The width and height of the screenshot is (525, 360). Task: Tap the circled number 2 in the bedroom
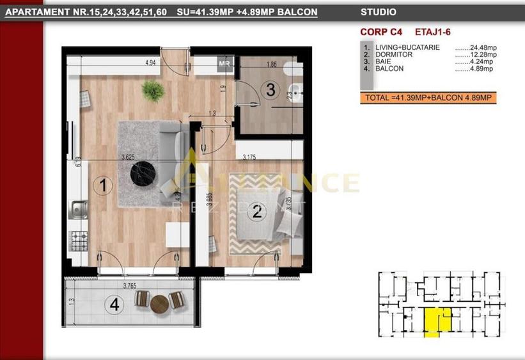pos(256,212)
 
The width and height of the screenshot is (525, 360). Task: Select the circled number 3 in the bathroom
pos(270,90)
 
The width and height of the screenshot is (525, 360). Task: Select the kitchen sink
pos(79,208)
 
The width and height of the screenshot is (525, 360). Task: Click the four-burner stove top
pos(79,240)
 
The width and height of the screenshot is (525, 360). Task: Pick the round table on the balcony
pos(159,303)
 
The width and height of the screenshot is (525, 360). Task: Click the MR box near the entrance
pos(224,63)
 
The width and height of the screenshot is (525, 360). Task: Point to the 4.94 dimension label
pos(151,63)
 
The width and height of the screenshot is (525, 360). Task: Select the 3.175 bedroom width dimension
pos(250,156)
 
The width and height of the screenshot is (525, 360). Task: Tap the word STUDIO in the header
pos(378,12)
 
